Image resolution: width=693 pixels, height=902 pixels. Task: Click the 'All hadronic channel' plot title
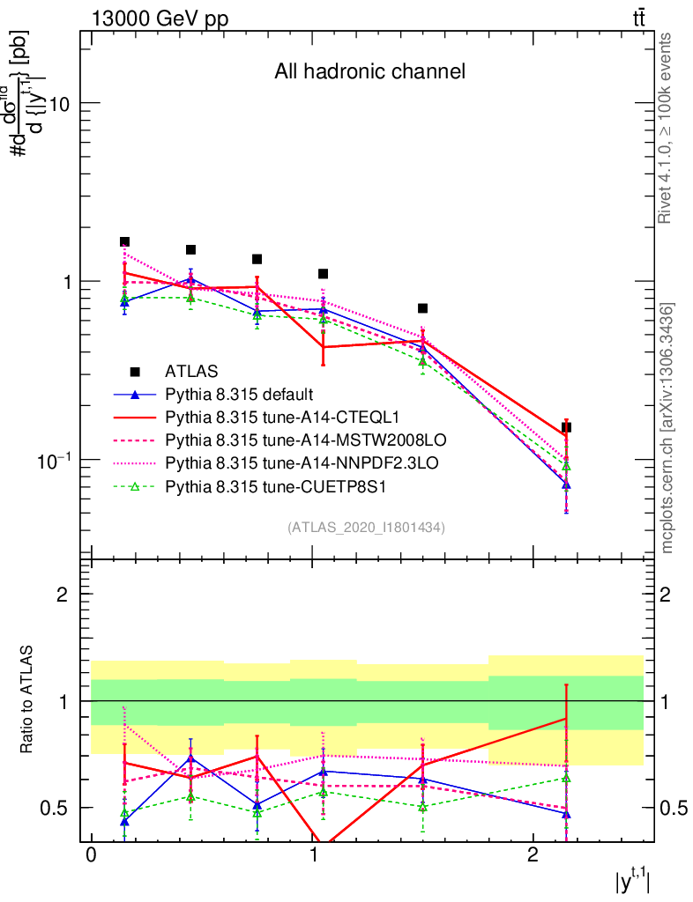(x=369, y=71)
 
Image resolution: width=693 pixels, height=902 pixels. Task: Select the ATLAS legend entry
(x=191, y=371)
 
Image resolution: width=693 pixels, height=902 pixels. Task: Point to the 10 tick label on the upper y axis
(x=61, y=103)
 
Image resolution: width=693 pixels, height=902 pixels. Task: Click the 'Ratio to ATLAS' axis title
(x=28, y=700)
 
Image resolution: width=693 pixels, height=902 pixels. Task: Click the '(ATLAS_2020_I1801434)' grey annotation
(x=366, y=528)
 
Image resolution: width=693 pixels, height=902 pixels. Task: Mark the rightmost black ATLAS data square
(x=566, y=427)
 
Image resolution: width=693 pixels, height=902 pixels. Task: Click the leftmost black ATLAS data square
(x=124, y=241)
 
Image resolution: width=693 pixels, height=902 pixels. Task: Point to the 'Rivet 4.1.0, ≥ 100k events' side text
(x=667, y=128)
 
